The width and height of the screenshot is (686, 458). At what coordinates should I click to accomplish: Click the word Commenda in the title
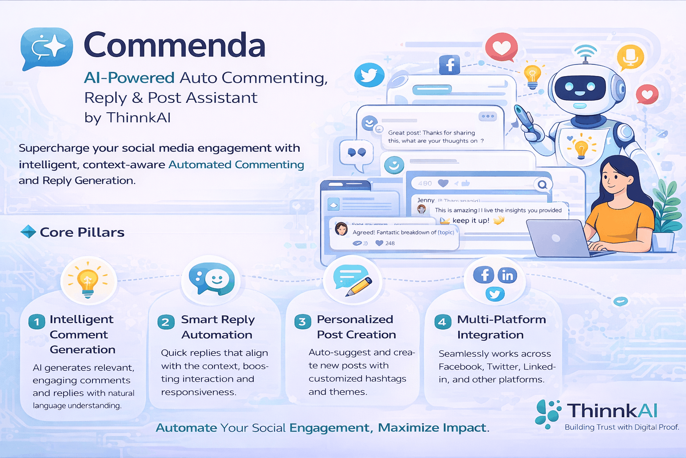(174, 45)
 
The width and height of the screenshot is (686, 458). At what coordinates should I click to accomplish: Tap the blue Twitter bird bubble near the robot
(369, 75)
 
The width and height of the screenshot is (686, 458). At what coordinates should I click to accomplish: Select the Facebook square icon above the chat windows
(449, 65)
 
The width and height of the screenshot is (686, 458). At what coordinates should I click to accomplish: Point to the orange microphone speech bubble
(630, 57)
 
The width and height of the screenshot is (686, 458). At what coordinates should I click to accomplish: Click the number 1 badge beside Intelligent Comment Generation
(37, 322)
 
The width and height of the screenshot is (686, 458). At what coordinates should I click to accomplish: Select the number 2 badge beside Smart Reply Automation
(165, 322)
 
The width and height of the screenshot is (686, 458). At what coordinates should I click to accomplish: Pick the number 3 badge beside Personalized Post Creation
(302, 322)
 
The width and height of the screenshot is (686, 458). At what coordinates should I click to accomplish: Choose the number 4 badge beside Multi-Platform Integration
(442, 322)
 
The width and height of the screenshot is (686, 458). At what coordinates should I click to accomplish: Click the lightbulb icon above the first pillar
(88, 281)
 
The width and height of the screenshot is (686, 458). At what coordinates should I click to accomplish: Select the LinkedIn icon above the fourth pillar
(507, 276)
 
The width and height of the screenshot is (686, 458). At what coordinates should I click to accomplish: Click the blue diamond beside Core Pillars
(28, 232)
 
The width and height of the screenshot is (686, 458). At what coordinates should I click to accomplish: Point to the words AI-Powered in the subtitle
(129, 78)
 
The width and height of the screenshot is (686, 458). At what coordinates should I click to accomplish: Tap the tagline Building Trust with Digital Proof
(621, 427)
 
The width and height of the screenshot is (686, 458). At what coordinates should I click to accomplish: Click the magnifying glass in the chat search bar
(542, 184)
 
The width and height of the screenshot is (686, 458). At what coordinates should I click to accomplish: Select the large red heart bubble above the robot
(502, 47)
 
